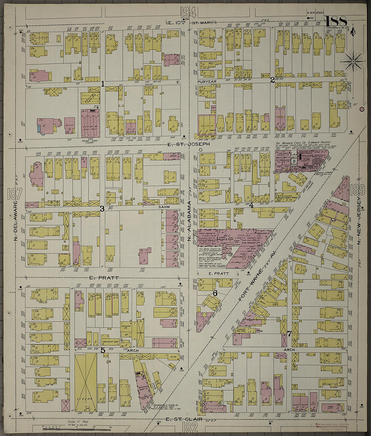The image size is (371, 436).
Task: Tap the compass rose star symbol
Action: pos(353,61)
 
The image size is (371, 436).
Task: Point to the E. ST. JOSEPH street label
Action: pos(189,144)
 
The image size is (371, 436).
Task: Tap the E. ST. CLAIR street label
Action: pos(184,419)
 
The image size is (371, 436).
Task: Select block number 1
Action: pos(103,84)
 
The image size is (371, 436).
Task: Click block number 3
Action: pos(102,209)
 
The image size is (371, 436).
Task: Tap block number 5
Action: pos(103,350)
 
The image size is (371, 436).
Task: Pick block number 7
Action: pos(289,334)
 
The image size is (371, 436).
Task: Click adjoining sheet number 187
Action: pos(14,194)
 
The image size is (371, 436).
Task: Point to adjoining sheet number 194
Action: pos(188,12)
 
